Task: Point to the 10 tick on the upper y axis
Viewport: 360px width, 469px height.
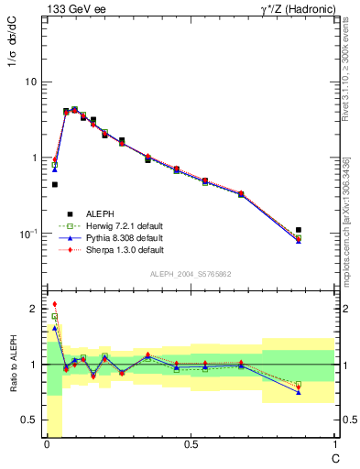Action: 32,82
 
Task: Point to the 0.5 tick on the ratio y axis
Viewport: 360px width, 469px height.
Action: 30,420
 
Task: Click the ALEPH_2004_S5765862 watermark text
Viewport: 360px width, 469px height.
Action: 191,274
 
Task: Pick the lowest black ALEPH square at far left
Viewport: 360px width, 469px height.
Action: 55,184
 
